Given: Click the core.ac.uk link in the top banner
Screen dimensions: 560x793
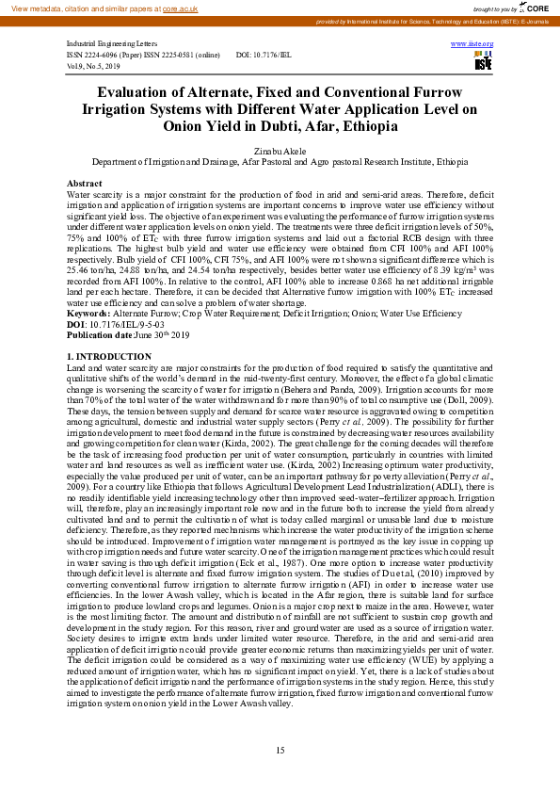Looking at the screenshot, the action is [x=182, y=8].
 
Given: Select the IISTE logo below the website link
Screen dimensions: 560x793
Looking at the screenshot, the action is [x=483, y=63].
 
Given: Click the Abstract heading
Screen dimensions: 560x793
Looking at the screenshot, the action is [x=85, y=182].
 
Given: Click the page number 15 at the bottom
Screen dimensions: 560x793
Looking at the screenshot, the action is [x=280, y=750].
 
